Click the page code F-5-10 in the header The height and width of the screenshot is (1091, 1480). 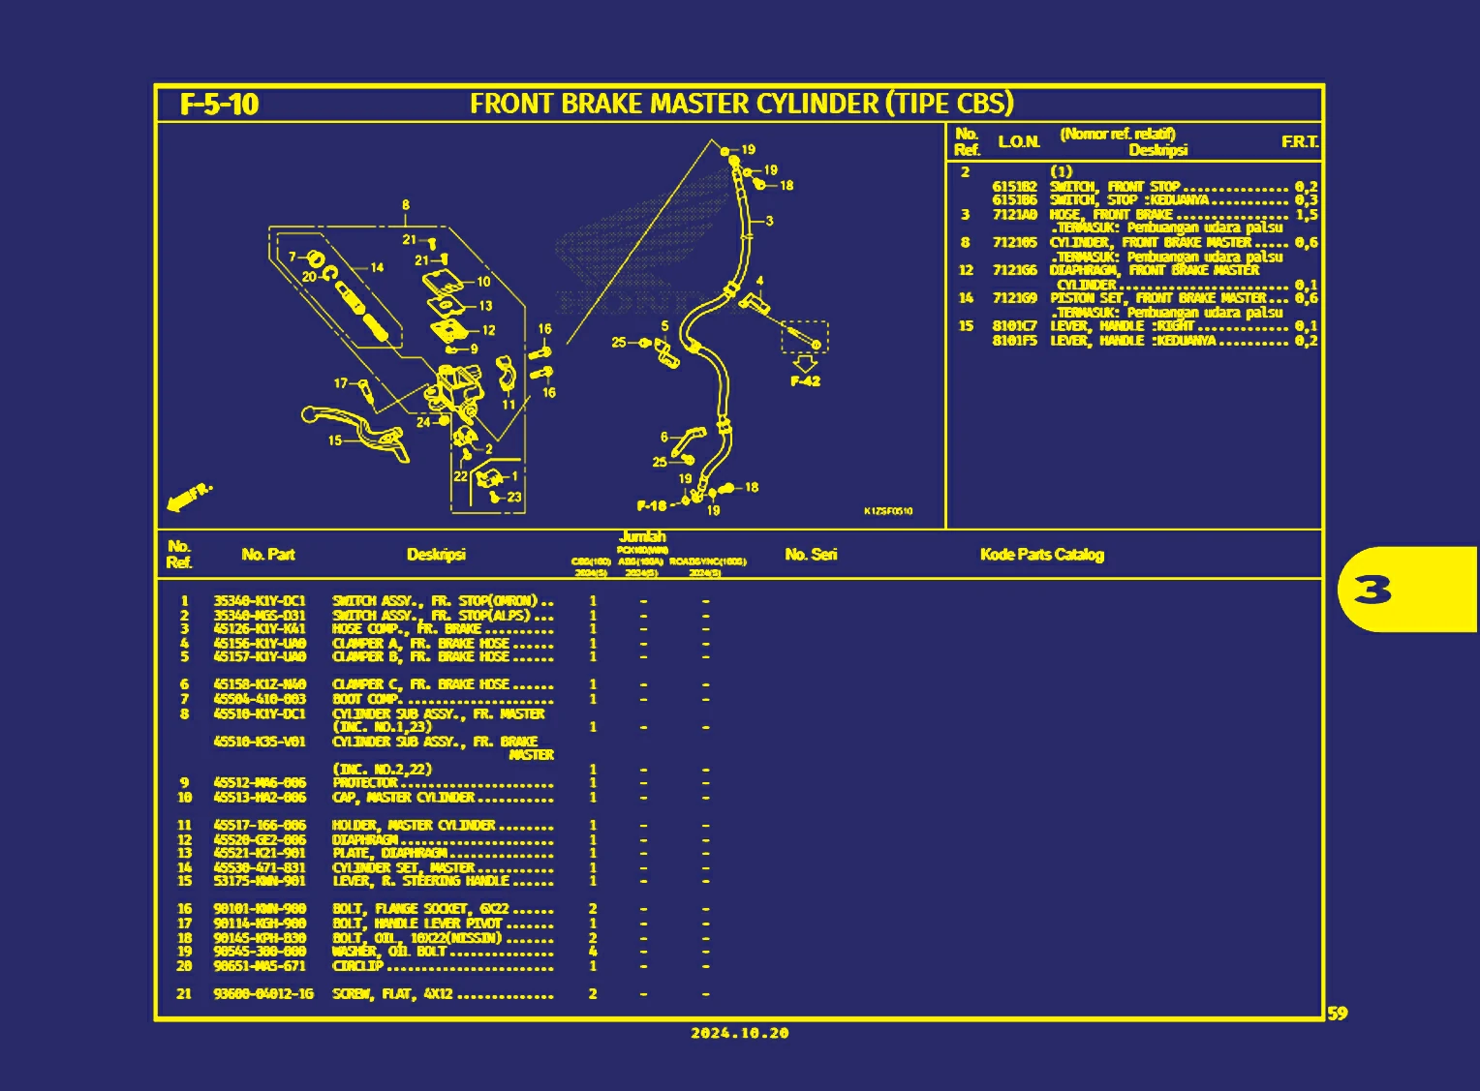220,105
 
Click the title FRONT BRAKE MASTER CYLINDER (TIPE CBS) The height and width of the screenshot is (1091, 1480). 741,104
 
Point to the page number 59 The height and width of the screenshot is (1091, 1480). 1337,1014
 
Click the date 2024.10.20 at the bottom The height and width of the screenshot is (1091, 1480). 740,1034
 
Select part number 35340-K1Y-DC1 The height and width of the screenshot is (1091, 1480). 260,601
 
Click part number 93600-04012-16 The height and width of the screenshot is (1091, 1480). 263,994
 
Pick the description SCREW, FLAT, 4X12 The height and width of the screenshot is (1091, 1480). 392,994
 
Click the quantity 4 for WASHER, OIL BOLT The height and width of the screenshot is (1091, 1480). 593,952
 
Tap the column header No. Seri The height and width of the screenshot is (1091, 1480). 811,555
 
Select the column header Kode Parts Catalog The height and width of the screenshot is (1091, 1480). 1041,555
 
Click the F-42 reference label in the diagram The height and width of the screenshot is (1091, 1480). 805,381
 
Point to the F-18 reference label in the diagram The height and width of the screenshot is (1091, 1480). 652,505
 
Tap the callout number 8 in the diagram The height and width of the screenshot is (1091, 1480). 406,205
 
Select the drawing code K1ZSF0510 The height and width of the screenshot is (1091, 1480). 887,511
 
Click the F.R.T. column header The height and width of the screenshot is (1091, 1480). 1299,142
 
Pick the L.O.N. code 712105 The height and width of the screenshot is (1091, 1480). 1014,243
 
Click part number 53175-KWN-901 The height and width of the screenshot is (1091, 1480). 260,881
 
